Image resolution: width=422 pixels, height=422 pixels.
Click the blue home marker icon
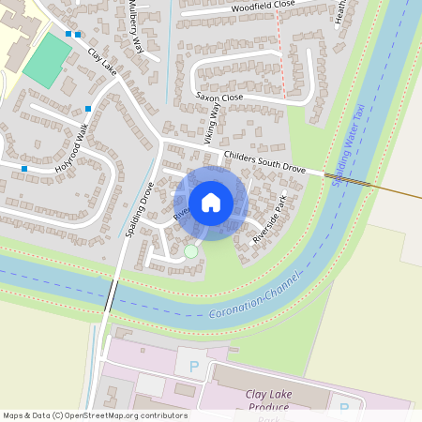211,203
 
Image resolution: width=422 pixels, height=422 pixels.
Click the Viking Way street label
213,123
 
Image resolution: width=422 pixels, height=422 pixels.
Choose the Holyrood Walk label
77,152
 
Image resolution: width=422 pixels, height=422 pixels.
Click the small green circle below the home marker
191,251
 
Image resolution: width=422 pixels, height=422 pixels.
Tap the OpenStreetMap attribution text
95,415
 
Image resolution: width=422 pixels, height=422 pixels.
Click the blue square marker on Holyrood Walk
24,169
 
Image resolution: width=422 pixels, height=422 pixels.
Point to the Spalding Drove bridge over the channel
111,298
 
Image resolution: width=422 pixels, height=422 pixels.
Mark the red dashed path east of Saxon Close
280,56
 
